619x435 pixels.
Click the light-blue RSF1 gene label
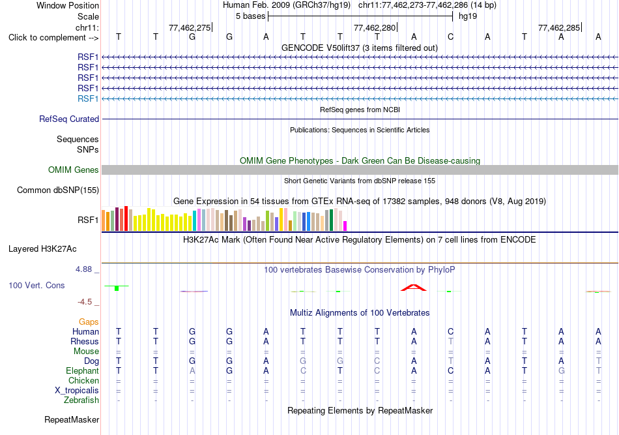click(88, 98)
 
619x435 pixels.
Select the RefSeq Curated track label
click(69, 119)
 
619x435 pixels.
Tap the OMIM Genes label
click(74, 170)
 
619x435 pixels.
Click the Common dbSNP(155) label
click(58, 190)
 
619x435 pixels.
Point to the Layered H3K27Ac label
click(42, 249)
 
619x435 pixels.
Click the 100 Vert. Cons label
click(36, 285)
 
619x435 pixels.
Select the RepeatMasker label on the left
click(72, 419)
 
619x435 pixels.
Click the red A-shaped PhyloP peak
click(413, 287)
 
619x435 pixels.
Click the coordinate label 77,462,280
click(375, 27)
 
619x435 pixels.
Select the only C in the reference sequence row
click(450, 37)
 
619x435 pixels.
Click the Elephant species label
click(83, 370)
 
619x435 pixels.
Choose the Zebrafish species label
click(81, 400)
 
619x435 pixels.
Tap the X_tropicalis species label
click(77, 391)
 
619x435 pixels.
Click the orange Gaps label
click(89, 322)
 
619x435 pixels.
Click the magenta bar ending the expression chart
click(345, 226)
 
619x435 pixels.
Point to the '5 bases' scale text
click(251, 16)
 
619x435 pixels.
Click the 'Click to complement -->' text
click(53, 38)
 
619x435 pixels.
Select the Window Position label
click(68, 5)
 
